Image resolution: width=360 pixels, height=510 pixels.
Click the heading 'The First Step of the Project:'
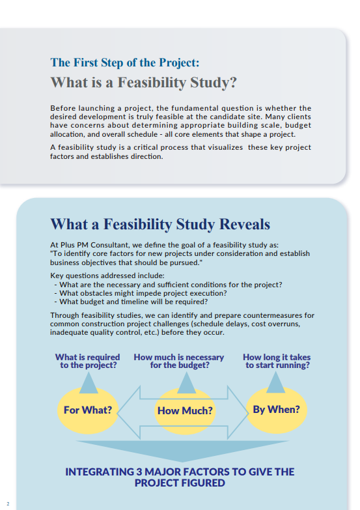coord(125,63)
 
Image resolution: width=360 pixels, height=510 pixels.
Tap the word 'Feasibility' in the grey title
coord(152,82)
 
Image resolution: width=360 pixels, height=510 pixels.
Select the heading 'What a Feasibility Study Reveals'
coord(160,224)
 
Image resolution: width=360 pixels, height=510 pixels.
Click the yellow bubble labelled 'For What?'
coord(88,410)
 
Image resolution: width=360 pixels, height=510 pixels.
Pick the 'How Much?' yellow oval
coord(185,411)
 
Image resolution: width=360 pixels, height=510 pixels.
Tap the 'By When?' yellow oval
coord(277,410)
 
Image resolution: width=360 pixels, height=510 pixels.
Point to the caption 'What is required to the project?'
coord(88,361)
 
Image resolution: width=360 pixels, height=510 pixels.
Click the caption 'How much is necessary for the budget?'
coord(179,361)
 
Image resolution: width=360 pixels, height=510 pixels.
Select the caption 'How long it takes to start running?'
coord(277,361)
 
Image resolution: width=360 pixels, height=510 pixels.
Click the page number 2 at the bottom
coord(8,504)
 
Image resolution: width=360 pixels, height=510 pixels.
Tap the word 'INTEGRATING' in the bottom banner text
coord(100,472)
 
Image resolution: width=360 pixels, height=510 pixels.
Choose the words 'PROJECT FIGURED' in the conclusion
coord(180,483)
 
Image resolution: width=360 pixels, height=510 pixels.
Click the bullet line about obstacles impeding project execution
coord(141,293)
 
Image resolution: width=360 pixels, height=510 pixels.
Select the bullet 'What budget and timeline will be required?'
coord(131,302)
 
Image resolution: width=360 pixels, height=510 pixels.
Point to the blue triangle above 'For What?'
coord(89,382)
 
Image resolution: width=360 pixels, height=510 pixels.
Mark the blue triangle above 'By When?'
coord(276,382)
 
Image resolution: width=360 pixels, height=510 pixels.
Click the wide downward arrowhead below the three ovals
coord(182,451)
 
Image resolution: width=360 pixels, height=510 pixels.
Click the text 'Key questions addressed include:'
coord(107,276)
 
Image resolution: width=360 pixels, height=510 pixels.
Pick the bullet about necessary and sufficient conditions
coord(168,285)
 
